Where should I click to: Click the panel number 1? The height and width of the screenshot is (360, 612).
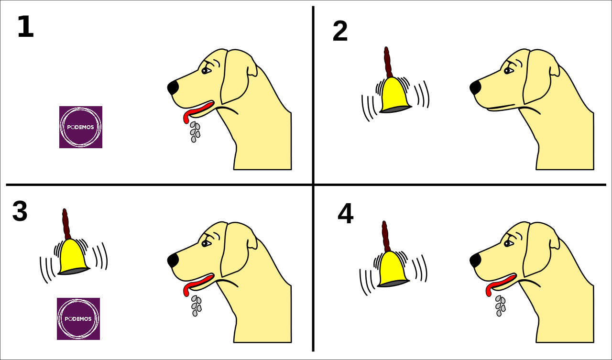click(x=25, y=27)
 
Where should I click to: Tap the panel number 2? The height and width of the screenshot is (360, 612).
click(x=340, y=32)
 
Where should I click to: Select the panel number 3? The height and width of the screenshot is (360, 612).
click(x=20, y=211)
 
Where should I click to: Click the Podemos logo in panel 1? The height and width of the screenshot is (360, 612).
click(x=81, y=127)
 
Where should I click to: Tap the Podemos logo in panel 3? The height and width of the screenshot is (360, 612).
click(x=78, y=319)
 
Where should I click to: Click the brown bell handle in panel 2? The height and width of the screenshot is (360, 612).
click(x=388, y=62)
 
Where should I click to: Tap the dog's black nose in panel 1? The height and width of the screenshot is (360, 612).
click(x=173, y=87)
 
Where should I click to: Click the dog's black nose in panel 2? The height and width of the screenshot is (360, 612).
click(x=475, y=87)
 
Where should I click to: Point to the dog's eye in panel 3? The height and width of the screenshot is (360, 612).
click(x=206, y=244)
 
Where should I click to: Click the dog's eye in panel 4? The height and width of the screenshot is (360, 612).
click(x=508, y=244)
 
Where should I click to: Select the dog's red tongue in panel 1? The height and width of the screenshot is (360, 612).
click(x=197, y=111)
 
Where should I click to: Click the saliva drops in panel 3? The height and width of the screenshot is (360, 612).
click(x=196, y=305)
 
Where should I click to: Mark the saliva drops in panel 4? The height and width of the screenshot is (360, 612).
click(x=500, y=305)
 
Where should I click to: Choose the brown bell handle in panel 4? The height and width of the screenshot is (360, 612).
click(x=385, y=237)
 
